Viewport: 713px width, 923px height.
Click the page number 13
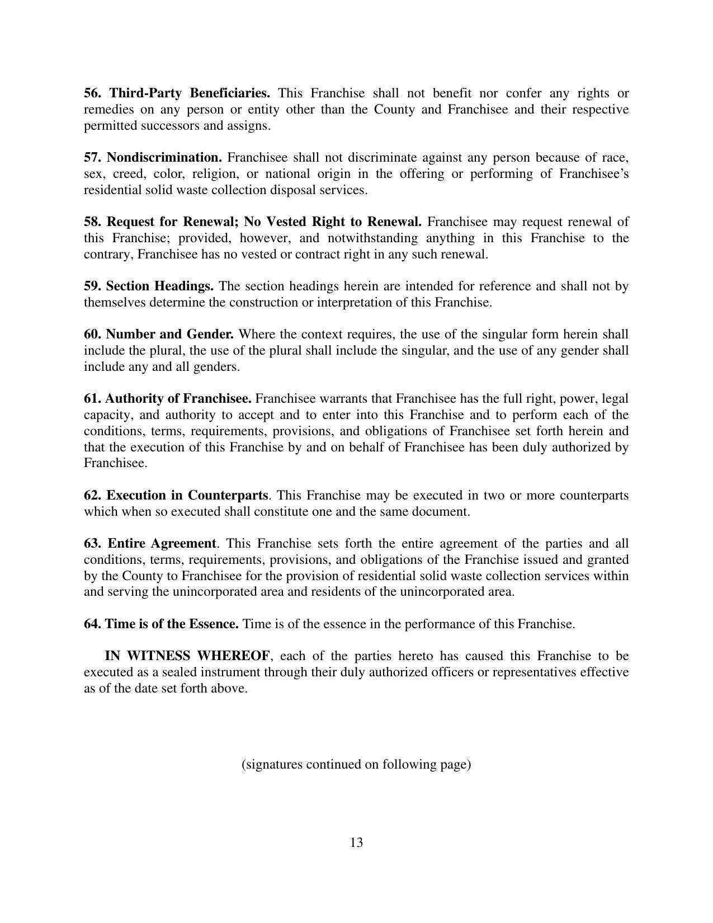(x=356, y=842)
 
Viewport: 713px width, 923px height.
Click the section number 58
(x=92, y=222)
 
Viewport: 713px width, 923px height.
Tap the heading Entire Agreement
(x=162, y=544)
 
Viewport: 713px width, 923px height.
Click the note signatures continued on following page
(x=356, y=764)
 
